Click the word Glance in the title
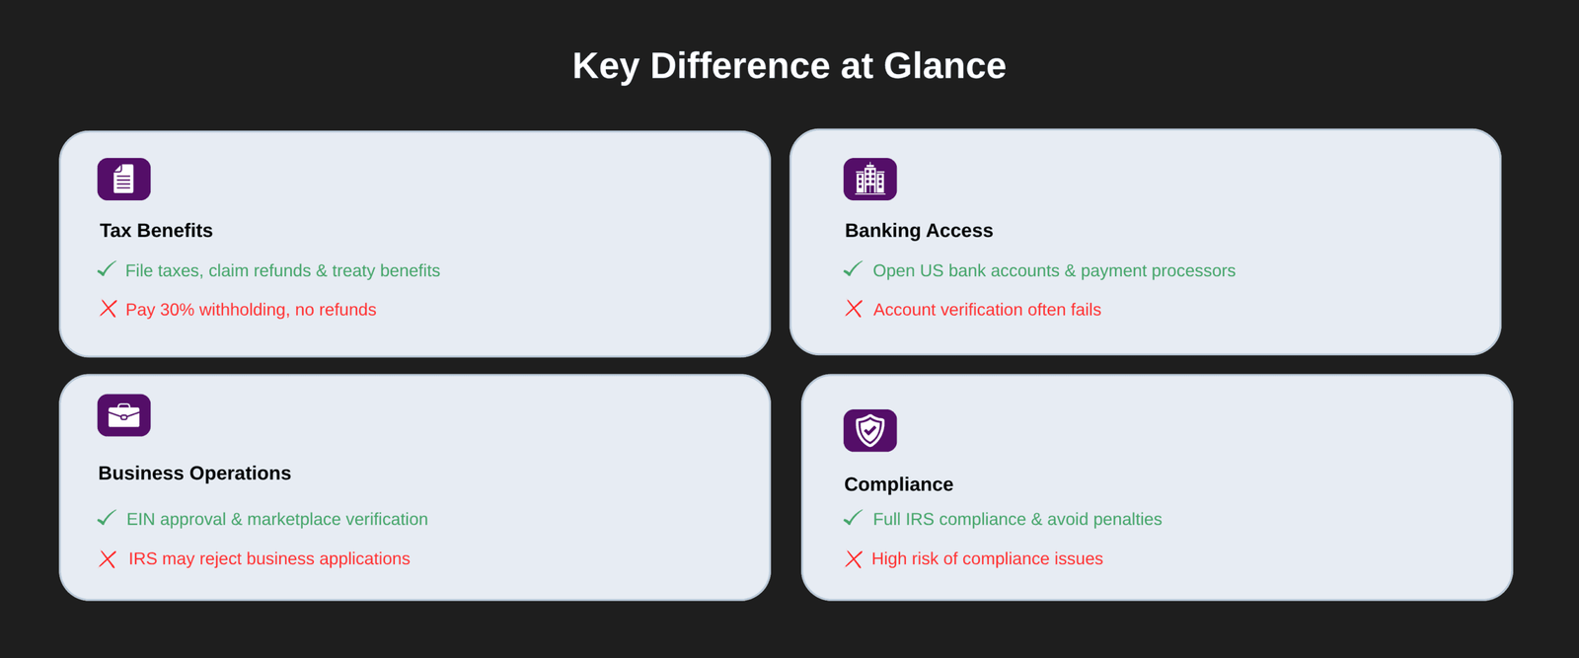click(944, 65)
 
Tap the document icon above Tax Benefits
click(124, 179)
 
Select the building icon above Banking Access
click(869, 179)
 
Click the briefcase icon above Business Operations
click(124, 415)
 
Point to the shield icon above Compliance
click(869, 430)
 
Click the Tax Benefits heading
click(156, 231)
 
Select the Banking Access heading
click(919, 231)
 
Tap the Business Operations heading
click(194, 473)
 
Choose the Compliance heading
click(898, 484)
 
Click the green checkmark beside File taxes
click(107, 269)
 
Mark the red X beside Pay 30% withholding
click(108, 309)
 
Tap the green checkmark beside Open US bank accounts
click(853, 269)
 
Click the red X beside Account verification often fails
click(854, 309)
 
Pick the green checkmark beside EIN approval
click(107, 518)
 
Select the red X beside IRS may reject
click(108, 559)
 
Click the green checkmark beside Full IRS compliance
click(853, 518)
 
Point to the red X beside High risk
click(854, 559)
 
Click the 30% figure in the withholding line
click(177, 310)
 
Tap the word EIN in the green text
click(140, 519)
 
